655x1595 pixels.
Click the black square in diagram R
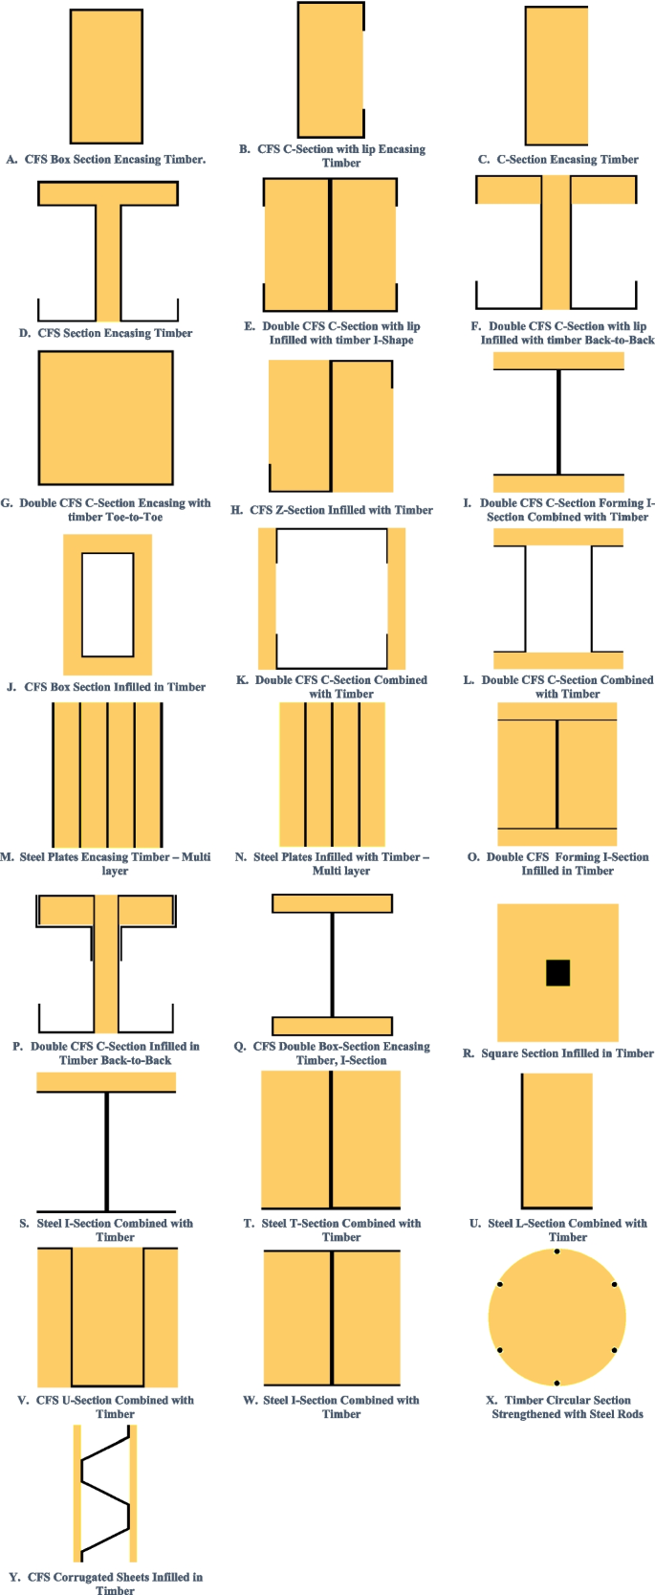tap(557, 972)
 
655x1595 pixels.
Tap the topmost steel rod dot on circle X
tap(557, 1252)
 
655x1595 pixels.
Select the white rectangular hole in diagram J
tap(107, 605)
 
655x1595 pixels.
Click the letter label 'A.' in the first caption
tap(12, 160)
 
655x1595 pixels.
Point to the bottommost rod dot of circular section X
tap(557, 1383)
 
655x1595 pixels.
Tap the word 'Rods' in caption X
tap(628, 1414)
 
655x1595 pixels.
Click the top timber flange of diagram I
tap(558, 361)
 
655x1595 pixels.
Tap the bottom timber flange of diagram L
tap(558, 659)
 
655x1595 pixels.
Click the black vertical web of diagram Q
tap(332, 964)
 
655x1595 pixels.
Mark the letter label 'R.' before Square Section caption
tap(469, 1053)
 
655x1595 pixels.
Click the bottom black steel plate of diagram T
tap(331, 1207)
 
